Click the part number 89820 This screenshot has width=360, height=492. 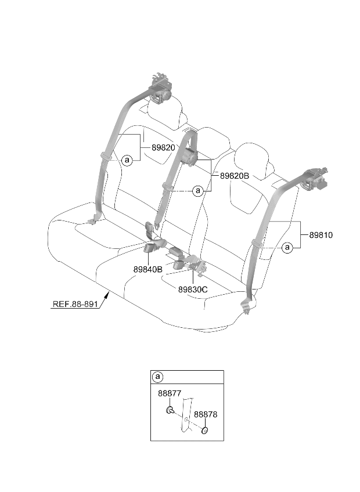point(163,147)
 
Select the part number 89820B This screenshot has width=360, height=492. point(235,176)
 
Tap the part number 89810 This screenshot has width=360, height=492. point(321,235)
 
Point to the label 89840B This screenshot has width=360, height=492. point(148,269)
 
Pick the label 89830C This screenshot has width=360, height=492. point(193,290)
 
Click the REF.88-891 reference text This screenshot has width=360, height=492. point(75,304)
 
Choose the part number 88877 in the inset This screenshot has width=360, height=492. point(170,393)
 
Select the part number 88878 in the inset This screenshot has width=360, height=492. point(206,414)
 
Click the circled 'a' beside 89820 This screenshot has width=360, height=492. point(127,160)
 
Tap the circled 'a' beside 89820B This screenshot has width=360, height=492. point(198,190)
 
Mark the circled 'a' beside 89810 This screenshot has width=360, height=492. point(287,248)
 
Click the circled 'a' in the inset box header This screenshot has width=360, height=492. point(157,377)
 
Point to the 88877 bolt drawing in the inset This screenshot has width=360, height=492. point(170,410)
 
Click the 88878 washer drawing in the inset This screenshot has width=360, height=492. point(205,430)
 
